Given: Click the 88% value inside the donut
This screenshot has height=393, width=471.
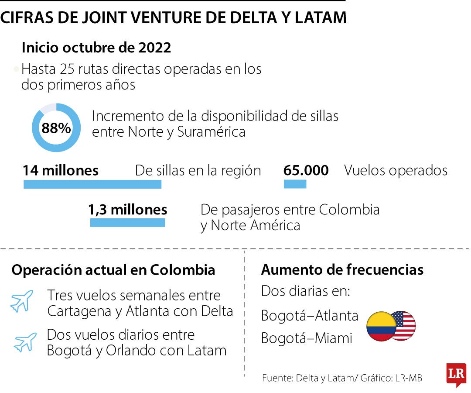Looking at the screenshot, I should tap(56, 128).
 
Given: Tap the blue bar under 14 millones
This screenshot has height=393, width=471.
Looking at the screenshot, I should tap(92, 184).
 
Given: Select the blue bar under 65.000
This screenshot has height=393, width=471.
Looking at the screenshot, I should tap(295, 184).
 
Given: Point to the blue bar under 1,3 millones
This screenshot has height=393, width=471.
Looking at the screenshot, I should tap(127, 223).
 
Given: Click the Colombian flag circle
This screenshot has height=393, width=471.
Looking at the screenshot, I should tap(380, 327).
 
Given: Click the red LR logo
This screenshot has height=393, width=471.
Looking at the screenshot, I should tap(456, 374).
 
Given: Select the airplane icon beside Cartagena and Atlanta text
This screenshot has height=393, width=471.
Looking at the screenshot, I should tap(22, 301).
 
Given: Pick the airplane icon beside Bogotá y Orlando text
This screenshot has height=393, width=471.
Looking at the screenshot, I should tap(25, 342).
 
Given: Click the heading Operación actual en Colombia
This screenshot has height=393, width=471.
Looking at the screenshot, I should tap(113, 270).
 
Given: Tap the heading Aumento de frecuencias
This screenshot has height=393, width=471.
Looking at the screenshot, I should tap(342, 270).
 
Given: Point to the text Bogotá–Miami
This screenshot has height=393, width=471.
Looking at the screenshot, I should tap(307, 338).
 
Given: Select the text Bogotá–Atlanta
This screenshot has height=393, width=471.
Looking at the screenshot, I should tap(310, 315).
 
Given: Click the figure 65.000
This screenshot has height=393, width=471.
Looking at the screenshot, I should tap(306, 170).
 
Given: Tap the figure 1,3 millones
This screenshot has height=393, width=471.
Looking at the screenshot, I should tap(128, 210).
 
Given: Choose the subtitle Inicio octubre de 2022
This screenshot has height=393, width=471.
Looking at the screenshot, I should tap(96, 48).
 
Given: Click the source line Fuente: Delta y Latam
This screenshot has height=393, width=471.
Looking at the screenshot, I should tap(307, 378).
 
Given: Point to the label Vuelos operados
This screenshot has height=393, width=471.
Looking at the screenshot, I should tap(396, 170).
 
